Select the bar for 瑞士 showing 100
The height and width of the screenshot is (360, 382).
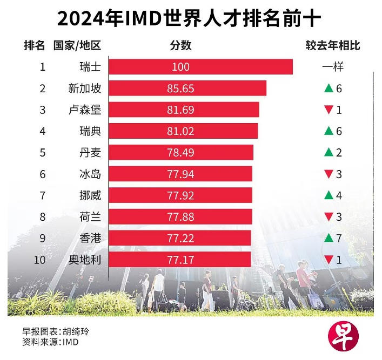pyautogui.click(x=200, y=67)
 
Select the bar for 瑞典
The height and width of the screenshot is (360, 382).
pyautogui.click(x=183, y=131)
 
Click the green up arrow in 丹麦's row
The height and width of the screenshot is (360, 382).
pyautogui.click(x=327, y=153)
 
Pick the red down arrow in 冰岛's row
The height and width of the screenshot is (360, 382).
pyautogui.click(x=327, y=174)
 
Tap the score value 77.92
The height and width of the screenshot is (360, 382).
pyautogui.click(x=180, y=195)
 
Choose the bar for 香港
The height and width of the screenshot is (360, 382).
pyautogui.click(x=180, y=238)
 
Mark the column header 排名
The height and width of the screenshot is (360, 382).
pyautogui.click(x=34, y=45)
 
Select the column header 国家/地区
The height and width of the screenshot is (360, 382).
pyautogui.click(x=77, y=45)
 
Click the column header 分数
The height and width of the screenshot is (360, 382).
pyautogui.click(x=180, y=45)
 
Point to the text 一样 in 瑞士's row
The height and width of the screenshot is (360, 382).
pyautogui.click(x=333, y=67)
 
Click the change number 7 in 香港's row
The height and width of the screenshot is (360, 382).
pyautogui.click(x=339, y=238)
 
